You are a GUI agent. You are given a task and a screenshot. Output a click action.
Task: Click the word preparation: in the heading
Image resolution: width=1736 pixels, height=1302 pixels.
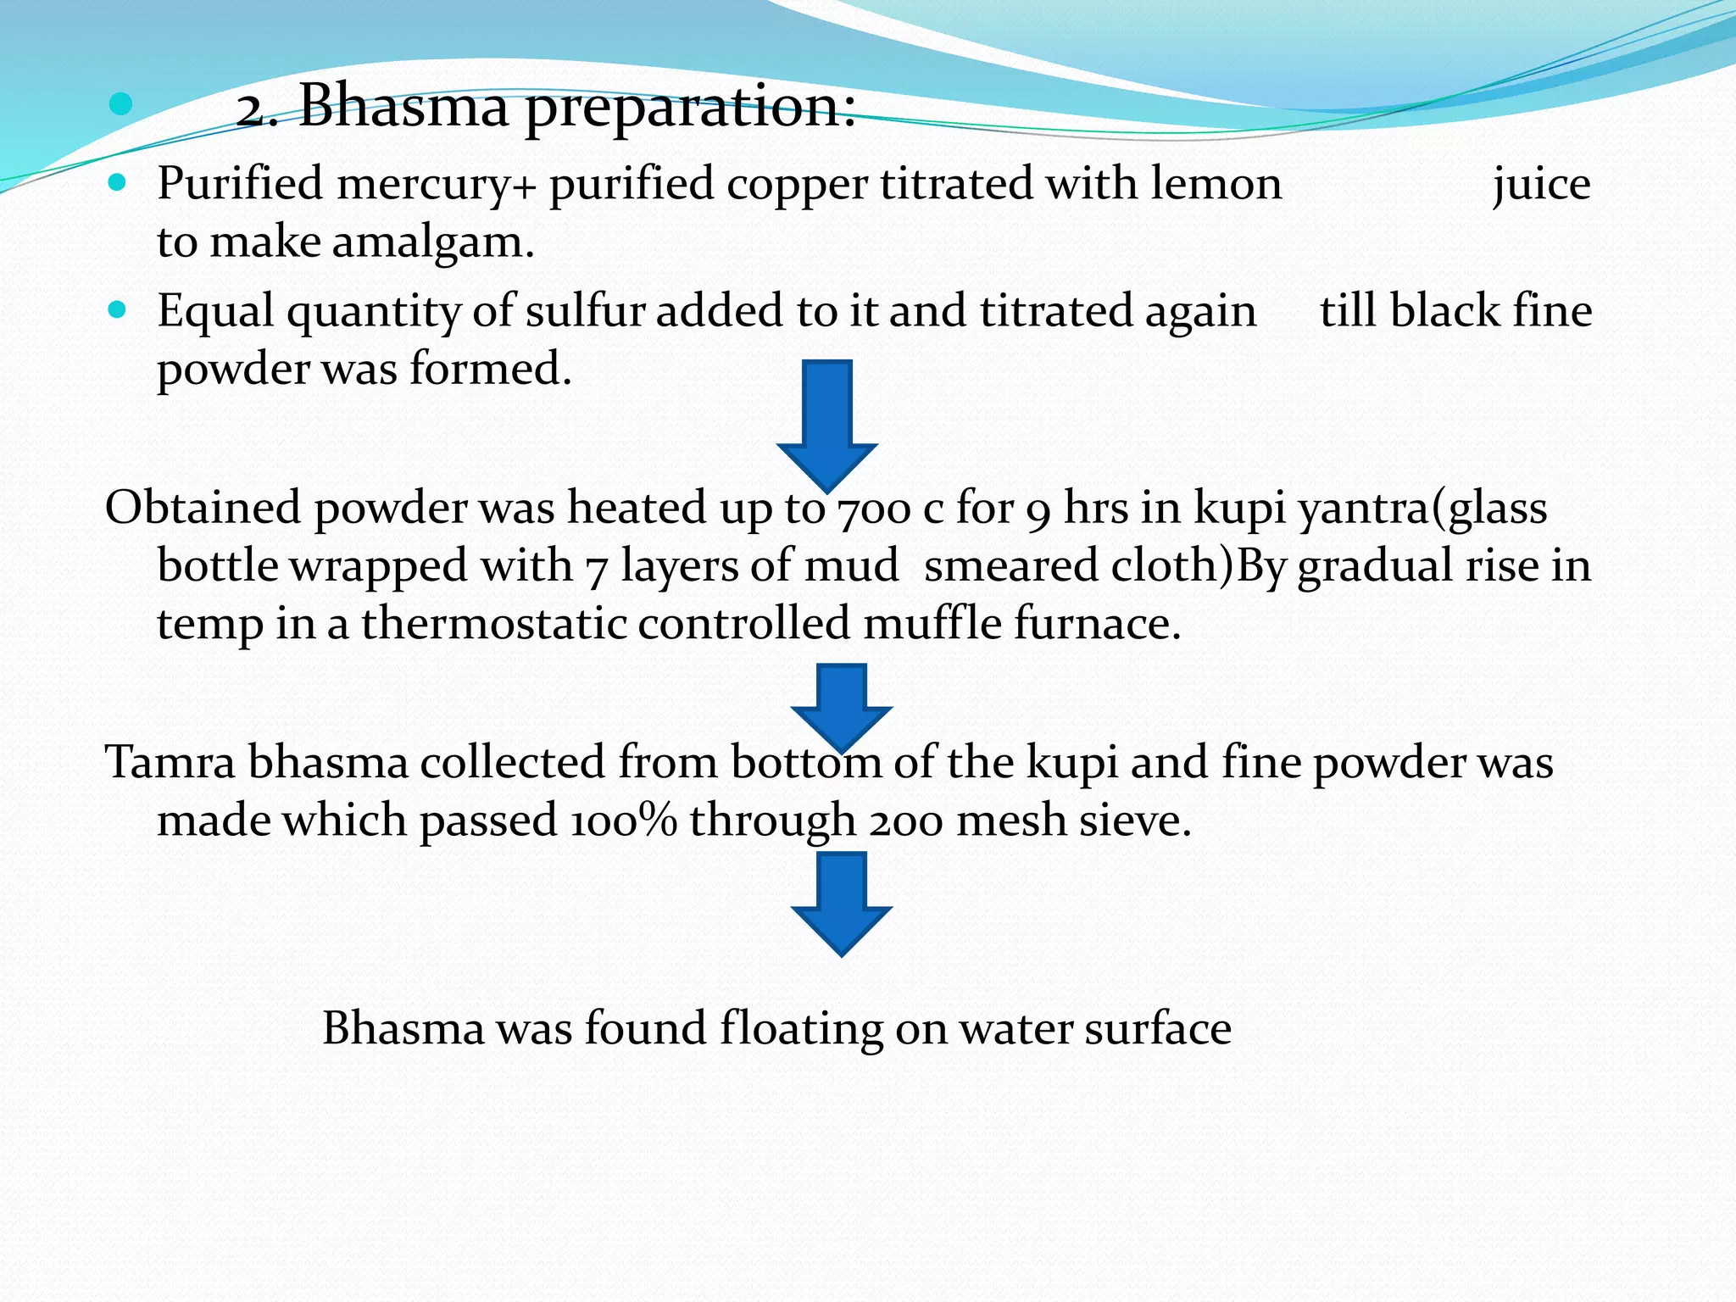pyautogui.click(x=690, y=108)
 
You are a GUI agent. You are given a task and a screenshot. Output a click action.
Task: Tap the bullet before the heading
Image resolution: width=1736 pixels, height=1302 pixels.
pyautogui.click(x=120, y=104)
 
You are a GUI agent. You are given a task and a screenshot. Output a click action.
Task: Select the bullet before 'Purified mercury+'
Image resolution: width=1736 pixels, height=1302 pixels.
pyautogui.click(x=118, y=182)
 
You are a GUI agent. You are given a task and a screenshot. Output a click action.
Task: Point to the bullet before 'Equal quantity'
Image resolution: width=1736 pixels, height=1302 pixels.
pyautogui.click(x=118, y=309)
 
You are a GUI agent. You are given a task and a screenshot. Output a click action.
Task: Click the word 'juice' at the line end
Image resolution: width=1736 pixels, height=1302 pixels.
pyautogui.click(x=1541, y=185)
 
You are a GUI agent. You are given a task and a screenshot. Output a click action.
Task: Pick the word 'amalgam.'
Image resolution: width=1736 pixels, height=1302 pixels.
pyautogui.click(x=433, y=243)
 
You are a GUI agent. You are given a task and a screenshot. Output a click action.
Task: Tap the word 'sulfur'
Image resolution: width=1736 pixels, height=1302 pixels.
pyautogui.click(x=585, y=311)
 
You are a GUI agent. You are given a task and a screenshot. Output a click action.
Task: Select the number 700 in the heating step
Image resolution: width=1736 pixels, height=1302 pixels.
pyautogui.click(x=873, y=509)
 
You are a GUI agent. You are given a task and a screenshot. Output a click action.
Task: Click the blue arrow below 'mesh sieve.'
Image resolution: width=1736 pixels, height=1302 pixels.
pyautogui.click(x=841, y=904)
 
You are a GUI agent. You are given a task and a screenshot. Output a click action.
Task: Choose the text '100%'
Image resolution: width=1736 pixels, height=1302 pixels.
pyautogui.click(x=623, y=821)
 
